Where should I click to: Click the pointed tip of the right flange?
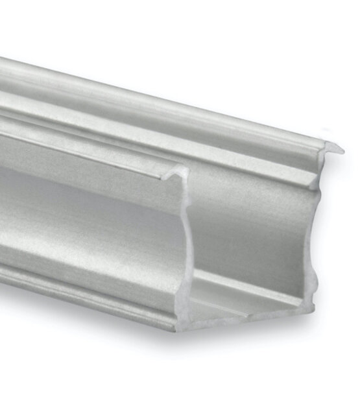(341, 151)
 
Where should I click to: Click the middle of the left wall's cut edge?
(184, 246)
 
